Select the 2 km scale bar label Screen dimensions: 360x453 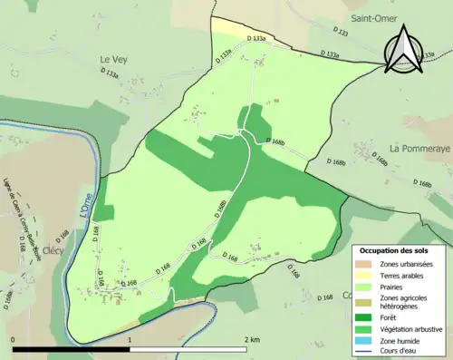point(250,338)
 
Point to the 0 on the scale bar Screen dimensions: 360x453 point(13,338)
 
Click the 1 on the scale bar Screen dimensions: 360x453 point(130,338)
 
